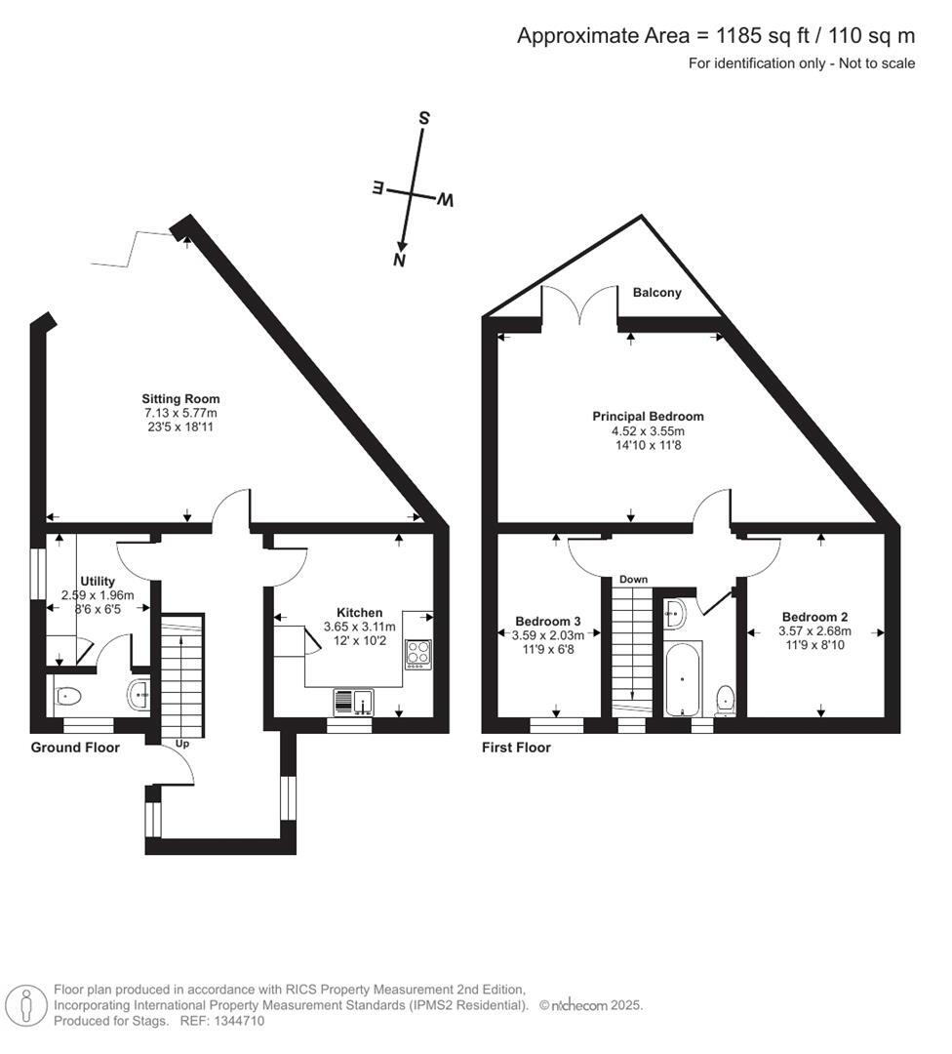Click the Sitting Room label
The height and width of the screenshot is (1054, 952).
tap(180, 398)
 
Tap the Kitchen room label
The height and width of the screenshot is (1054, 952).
tap(359, 612)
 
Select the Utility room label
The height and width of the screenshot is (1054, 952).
tap(98, 581)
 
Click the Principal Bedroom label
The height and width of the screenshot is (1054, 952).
tap(648, 416)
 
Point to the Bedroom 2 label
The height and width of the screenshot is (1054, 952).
tap(814, 617)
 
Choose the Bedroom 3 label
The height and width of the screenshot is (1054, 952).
tap(548, 622)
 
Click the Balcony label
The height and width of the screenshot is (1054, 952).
tap(656, 292)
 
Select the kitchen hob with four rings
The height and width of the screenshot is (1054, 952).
tap(417, 652)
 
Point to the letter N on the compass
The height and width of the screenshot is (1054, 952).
tap(398, 260)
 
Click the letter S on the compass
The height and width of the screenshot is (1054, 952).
tap(424, 117)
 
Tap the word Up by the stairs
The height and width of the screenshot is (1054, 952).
tap(181, 744)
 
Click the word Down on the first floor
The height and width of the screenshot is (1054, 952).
tap(633, 580)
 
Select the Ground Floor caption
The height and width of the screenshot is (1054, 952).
tap(75, 748)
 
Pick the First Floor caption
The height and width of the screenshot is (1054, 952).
tap(516, 748)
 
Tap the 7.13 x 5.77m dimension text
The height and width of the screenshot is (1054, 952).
tap(180, 413)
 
